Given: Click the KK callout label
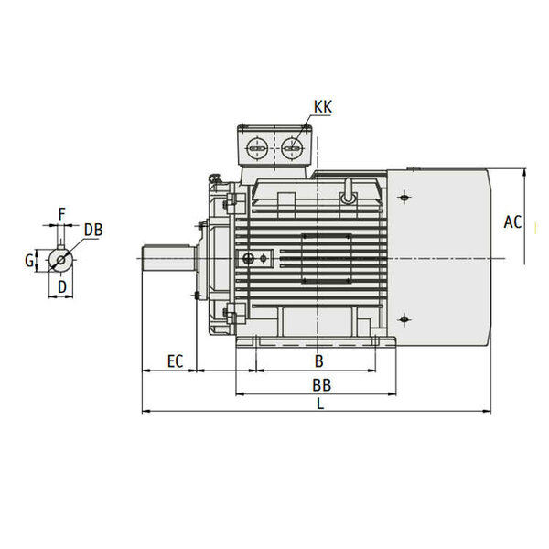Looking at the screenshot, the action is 322,107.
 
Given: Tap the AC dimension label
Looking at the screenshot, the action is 512,222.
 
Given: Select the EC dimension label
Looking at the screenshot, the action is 175,361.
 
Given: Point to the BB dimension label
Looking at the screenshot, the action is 321,385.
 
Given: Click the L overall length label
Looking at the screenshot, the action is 320,404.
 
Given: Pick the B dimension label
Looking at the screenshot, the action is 318,361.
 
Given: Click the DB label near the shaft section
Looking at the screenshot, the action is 93,230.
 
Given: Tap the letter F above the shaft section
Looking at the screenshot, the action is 61,214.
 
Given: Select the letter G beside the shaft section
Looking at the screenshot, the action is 29,261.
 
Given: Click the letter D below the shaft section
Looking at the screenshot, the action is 62,287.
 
